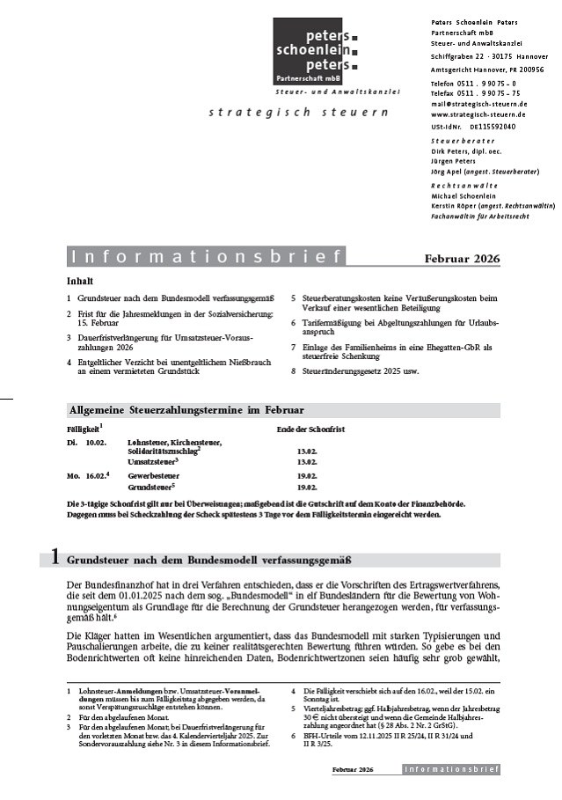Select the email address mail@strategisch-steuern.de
[x=478, y=104]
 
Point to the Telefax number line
[x=475, y=92]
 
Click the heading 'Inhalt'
[x=79, y=282]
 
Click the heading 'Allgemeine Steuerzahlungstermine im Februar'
[x=186, y=410]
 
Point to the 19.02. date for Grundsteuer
[x=307, y=486]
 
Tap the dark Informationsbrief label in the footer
[x=451, y=769]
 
